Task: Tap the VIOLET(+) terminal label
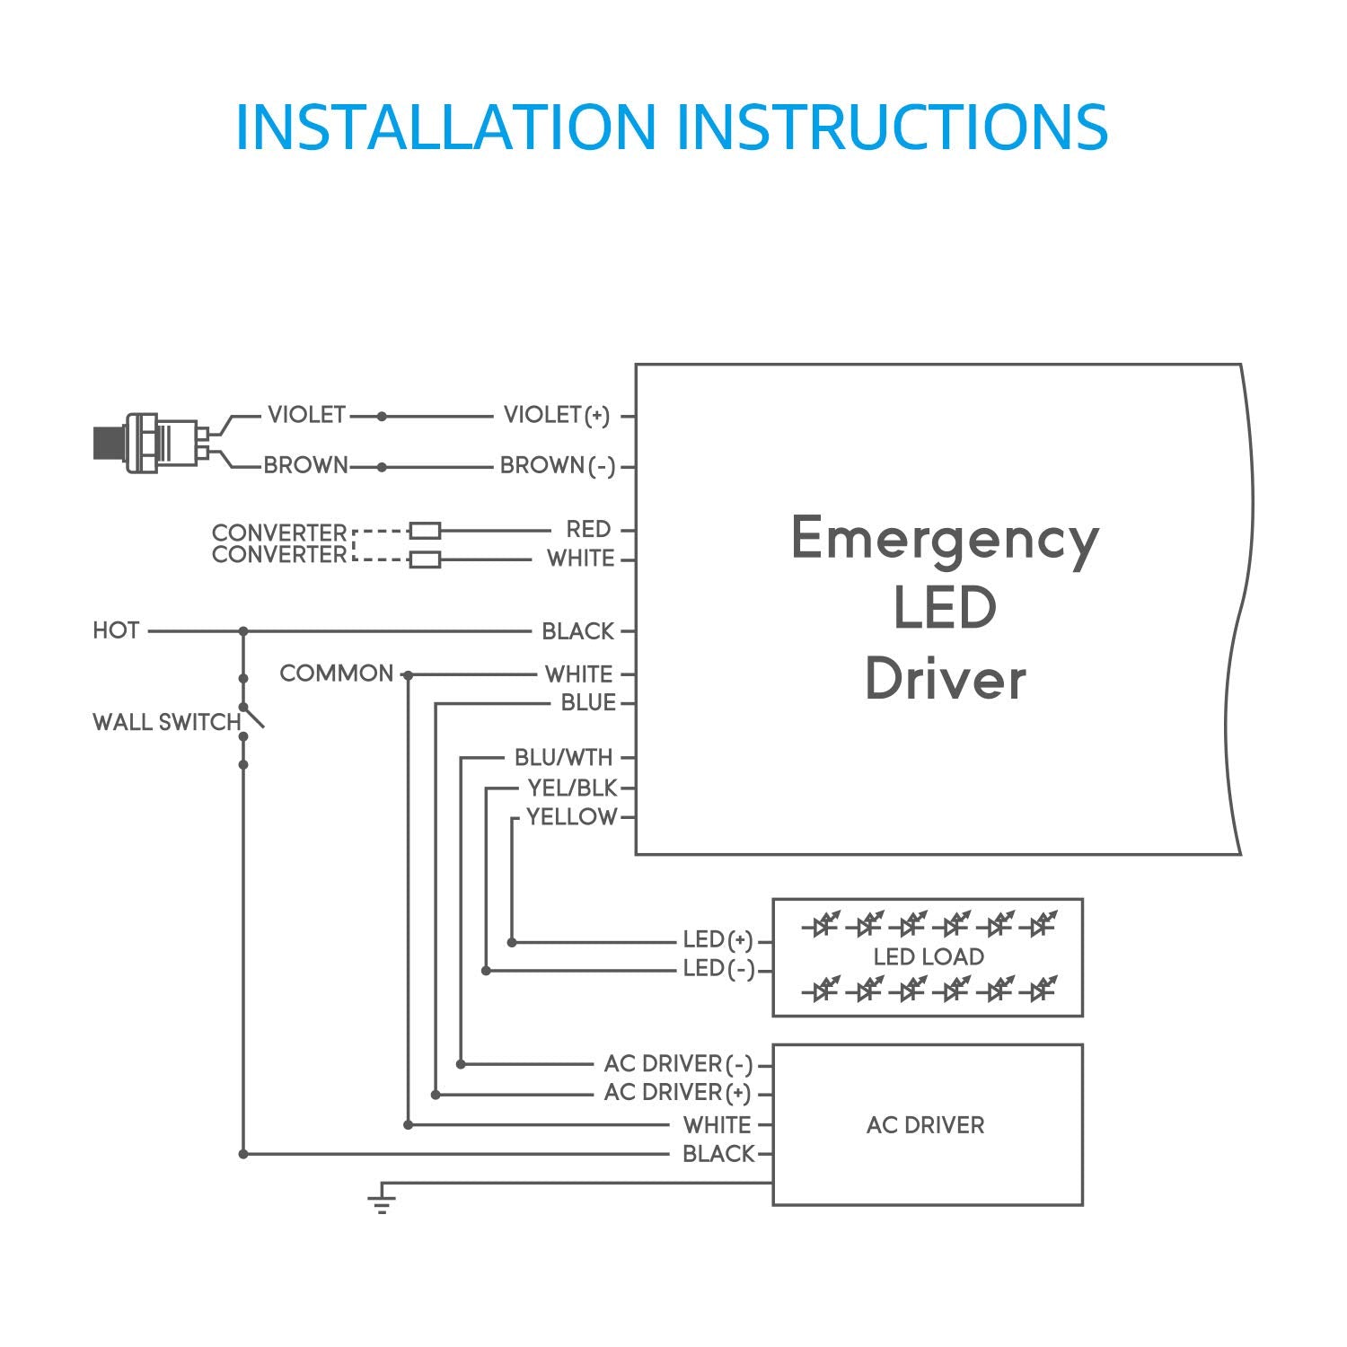click(x=556, y=415)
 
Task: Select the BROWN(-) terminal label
click(x=557, y=465)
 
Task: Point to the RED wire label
click(x=588, y=529)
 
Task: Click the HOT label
click(x=116, y=630)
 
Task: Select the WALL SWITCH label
click(x=166, y=722)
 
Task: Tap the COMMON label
click(x=337, y=673)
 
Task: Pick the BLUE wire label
click(x=588, y=702)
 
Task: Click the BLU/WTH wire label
click(x=563, y=757)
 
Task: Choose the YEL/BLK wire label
click(x=572, y=788)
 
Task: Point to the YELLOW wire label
click(x=571, y=816)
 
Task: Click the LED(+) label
click(x=717, y=940)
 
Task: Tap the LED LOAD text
click(x=929, y=956)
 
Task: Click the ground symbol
click(x=382, y=1202)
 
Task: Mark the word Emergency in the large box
click(x=945, y=539)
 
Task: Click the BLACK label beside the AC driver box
click(x=718, y=1154)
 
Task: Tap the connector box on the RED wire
click(x=425, y=530)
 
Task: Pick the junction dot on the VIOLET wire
click(x=382, y=417)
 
